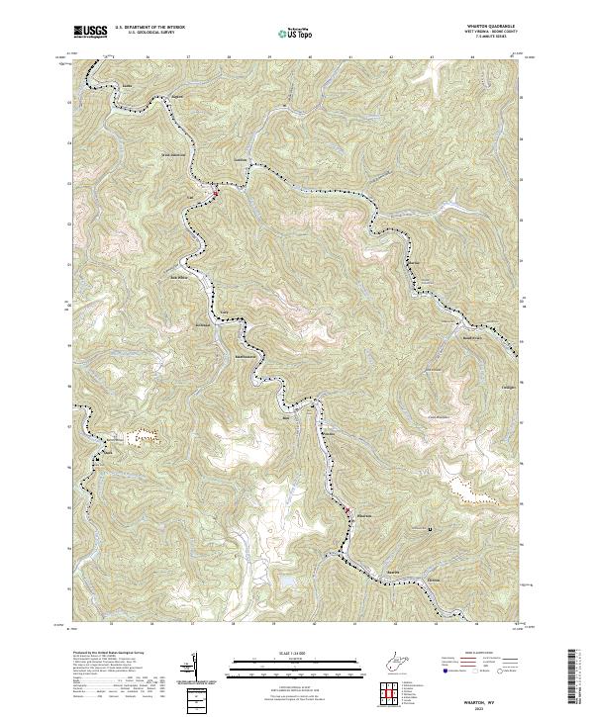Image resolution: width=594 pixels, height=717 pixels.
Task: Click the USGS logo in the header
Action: [90, 33]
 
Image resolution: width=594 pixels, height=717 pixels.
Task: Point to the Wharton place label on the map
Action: [362, 515]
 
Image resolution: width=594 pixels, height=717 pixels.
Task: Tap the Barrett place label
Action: [393, 572]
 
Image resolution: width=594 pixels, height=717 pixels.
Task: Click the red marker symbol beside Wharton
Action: [347, 510]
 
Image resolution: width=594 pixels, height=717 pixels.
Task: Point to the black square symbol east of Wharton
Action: [429, 529]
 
